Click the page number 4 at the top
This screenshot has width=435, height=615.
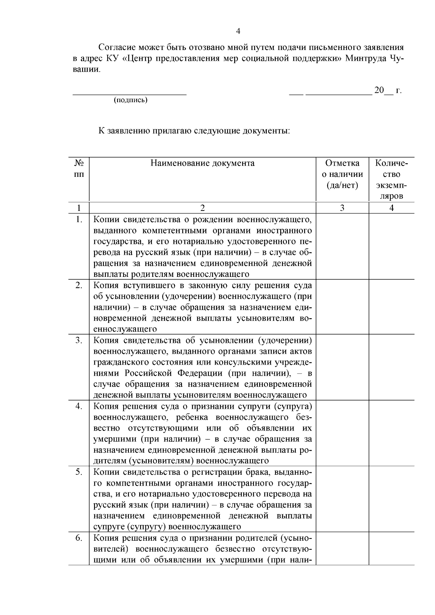(x=238, y=32)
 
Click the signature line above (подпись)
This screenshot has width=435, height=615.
(x=130, y=94)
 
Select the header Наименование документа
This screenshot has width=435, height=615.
(x=202, y=163)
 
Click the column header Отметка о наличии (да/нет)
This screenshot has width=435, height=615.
(x=342, y=174)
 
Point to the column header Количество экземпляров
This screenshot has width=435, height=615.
(x=391, y=180)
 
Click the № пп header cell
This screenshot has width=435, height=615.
(x=79, y=169)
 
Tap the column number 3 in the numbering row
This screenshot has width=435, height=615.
(x=342, y=208)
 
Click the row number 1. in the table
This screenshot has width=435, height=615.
(x=79, y=219)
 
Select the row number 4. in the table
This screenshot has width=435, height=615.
(x=79, y=406)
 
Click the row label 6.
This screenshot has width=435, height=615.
(x=79, y=538)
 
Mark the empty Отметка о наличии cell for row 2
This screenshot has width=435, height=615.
(x=342, y=307)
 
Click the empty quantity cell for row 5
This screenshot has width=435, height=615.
(x=391, y=499)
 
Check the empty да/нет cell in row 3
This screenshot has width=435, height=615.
(x=342, y=367)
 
